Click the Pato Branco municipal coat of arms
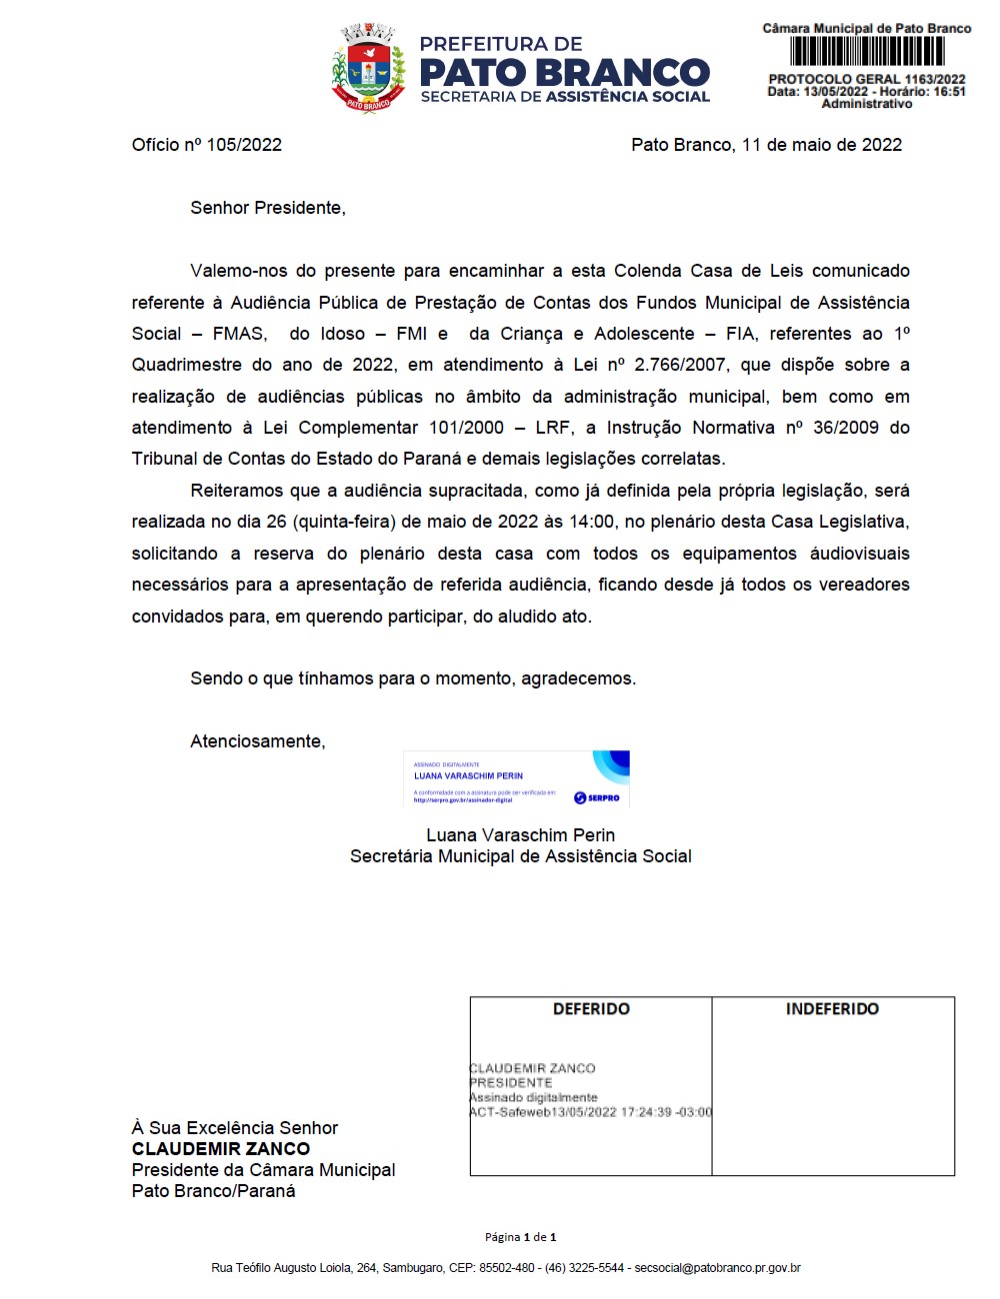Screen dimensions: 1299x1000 369,68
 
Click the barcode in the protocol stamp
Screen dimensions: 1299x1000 867,51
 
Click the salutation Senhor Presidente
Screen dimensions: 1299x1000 267,208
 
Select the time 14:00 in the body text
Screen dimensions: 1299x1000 592,522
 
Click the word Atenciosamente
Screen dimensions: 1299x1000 257,741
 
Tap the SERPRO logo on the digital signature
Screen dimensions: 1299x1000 597,797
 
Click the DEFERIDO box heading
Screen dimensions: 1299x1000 591,1009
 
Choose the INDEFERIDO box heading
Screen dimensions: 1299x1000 832,1009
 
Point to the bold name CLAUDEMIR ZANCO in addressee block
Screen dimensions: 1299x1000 221,1149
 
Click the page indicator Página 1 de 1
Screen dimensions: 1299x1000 520,1237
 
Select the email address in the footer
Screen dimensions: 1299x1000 718,1268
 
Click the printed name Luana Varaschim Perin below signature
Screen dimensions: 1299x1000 520,835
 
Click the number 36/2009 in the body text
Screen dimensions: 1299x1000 846,428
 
